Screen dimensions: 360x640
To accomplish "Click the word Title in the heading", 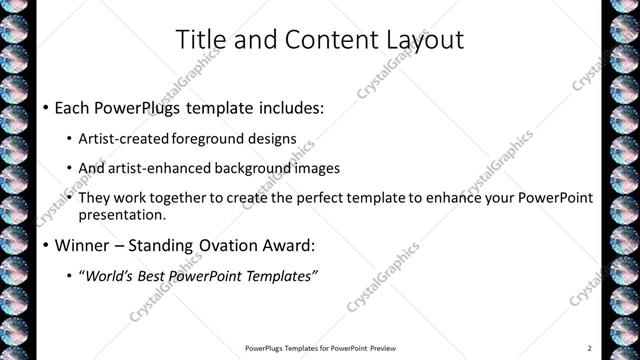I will [198, 40].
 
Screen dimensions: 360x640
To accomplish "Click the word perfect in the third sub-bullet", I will [323, 198].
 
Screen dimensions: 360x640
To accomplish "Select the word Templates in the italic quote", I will [280, 276].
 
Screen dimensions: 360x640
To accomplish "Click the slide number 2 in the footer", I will [590, 348].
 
